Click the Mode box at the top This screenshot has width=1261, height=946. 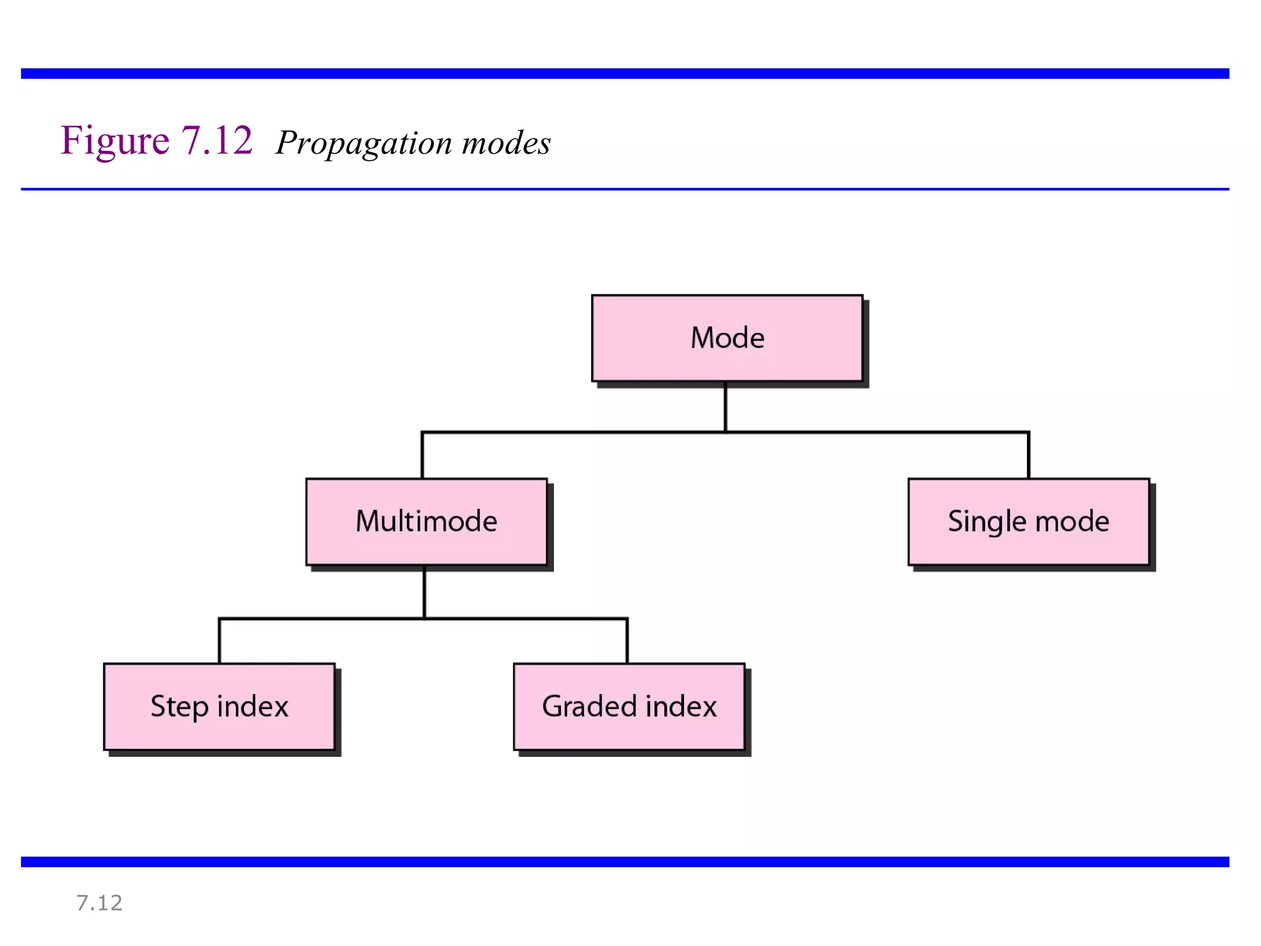pyautogui.click(x=727, y=338)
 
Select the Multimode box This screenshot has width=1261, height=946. pyautogui.click(x=426, y=522)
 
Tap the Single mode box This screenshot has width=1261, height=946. pyautogui.click(x=1028, y=522)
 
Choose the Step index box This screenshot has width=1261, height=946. pyautogui.click(x=219, y=706)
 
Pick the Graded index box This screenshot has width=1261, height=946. pyautogui.click(x=629, y=706)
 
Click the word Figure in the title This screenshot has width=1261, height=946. pyautogui.click(x=115, y=141)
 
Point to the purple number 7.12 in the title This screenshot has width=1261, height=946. pyautogui.click(x=217, y=140)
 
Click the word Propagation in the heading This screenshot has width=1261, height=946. pyautogui.click(x=364, y=144)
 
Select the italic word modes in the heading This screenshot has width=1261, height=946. pyautogui.click(x=506, y=144)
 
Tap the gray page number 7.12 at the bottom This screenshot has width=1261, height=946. pyautogui.click(x=99, y=903)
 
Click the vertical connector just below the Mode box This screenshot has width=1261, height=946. pyautogui.click(x=725, y=406)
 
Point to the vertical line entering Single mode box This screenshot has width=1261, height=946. pyautogui.click(x=1028, y=456)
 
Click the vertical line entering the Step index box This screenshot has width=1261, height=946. pyautogui.click(x=219, y=641)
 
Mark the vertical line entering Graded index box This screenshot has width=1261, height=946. pyautogui.click(x=627, y=641)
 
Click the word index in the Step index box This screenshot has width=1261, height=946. pyautogui.click(x=252, y=706)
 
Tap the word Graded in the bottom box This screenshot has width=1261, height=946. pyautogui.click(x=589, y=706)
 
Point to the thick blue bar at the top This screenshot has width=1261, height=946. pyautogui.click(x=625, y=73)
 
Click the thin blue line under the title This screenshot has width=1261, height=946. pyautogui.click(x=625, y=189)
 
